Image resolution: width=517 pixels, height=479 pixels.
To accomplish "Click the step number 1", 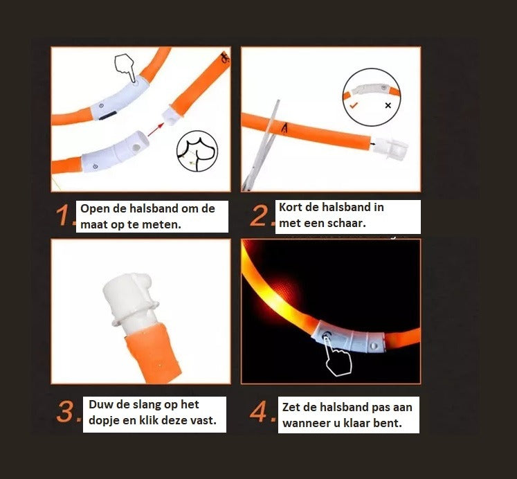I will (64, 217).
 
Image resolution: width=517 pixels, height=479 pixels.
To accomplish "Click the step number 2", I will (262, 217).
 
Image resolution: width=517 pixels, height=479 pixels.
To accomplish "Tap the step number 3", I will (68, 413).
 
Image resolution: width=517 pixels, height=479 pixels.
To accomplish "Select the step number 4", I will (263, 413).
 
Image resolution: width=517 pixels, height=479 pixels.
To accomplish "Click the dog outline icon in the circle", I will (196, 152).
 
